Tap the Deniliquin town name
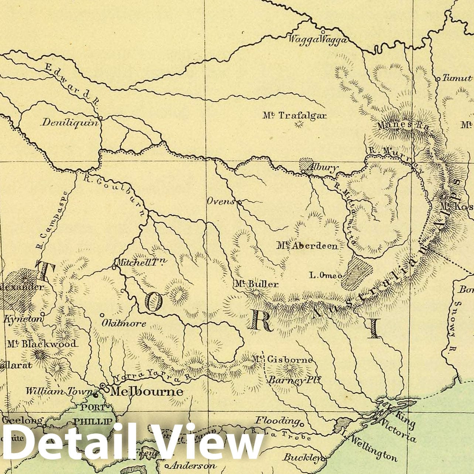tap(70, 122)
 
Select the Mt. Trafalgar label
tap(295, 115)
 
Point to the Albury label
tap(324, 167)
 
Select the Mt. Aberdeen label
tap(307, 246)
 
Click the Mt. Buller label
tap(256, 284)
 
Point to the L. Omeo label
tap(325, 275)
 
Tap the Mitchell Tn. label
tap(141, 262)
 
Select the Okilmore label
tap(124, 324)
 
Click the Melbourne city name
tap(147, 391)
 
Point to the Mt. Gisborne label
tap(283, 359)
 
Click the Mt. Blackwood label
tap(41, 344)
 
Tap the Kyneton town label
tap(18, 319)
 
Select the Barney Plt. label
tap(294, 380)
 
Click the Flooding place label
tap(277, 420)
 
